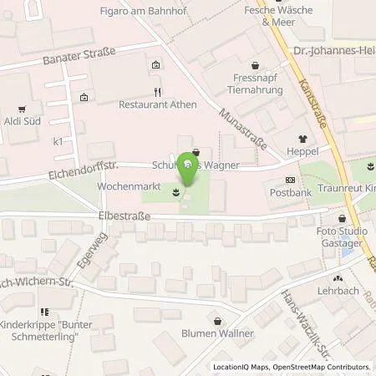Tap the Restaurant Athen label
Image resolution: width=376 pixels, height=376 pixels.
(156, 105)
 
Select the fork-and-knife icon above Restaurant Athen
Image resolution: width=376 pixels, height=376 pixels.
(156, 92)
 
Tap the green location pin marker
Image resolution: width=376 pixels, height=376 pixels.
(190, 167)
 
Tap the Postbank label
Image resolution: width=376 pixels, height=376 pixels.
(290, 193)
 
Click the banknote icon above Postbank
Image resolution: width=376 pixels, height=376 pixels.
(290, 180)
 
